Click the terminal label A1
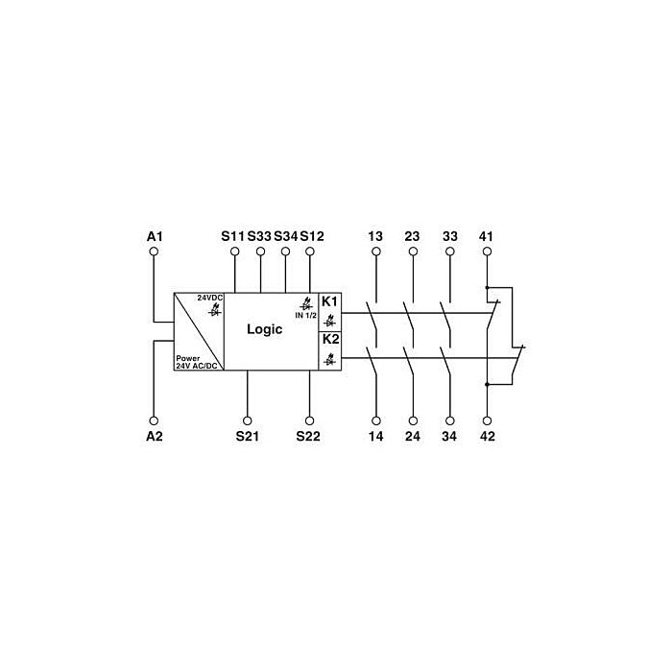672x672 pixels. pos(155,236)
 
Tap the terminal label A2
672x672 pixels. pos(155,436)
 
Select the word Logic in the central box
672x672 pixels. pos(264,329)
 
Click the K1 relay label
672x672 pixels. pos(330,301)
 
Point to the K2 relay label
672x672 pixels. pos(330,339)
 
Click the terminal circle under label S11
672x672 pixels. pos(235,252)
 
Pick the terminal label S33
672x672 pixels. pos(259,236)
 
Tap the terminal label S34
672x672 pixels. pos(285,236)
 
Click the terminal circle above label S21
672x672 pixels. pos(248,420)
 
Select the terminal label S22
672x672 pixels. pos(308,436)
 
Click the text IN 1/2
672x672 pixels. pos(305,315)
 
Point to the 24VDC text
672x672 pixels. pos(210,298)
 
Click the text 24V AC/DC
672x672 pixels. pos(197,366)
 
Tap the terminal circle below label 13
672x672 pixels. pos(376,252)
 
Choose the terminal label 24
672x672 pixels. pos(413,436)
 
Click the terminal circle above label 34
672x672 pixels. pos(450,420)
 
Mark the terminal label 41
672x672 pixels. pos(486,236)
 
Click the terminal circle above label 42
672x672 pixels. pos(487,420)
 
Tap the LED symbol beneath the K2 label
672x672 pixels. pos(330,359)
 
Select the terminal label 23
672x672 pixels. pos(412,236)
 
